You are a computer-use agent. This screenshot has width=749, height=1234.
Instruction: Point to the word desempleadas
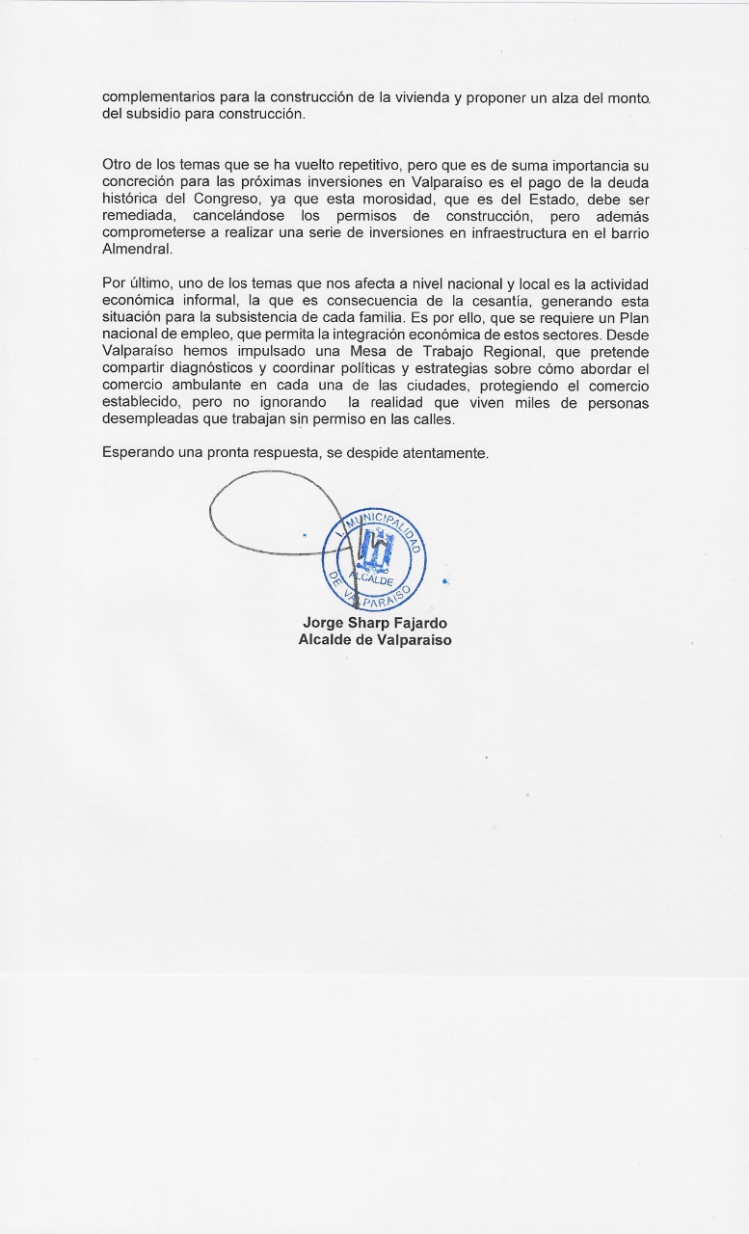point(147,419)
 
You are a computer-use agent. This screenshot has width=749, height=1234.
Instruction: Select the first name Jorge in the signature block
point(323,623)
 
